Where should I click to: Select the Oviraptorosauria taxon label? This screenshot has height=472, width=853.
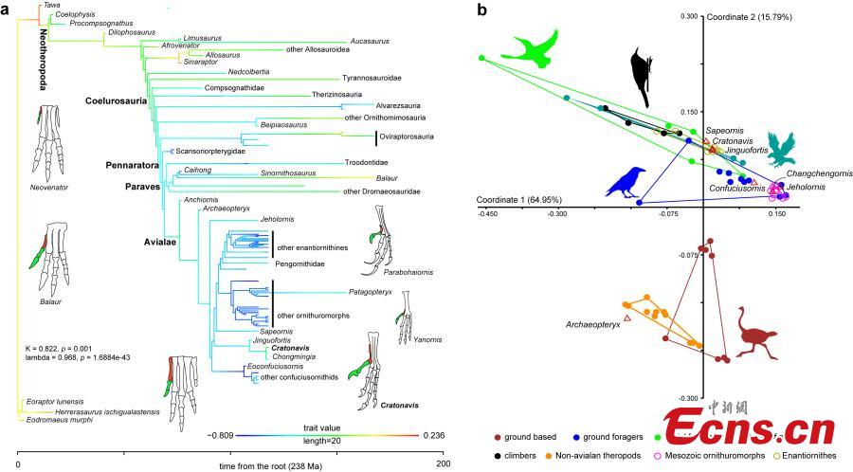pos(406,136)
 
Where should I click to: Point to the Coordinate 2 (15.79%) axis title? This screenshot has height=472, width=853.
pos(749,17)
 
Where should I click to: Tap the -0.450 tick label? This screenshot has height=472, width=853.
pos(488,215)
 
